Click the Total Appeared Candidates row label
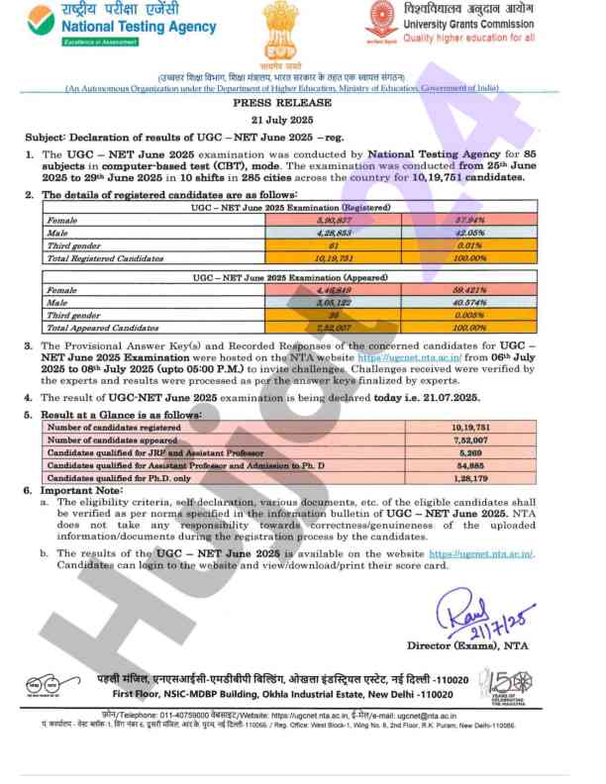(x=100, y=326)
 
